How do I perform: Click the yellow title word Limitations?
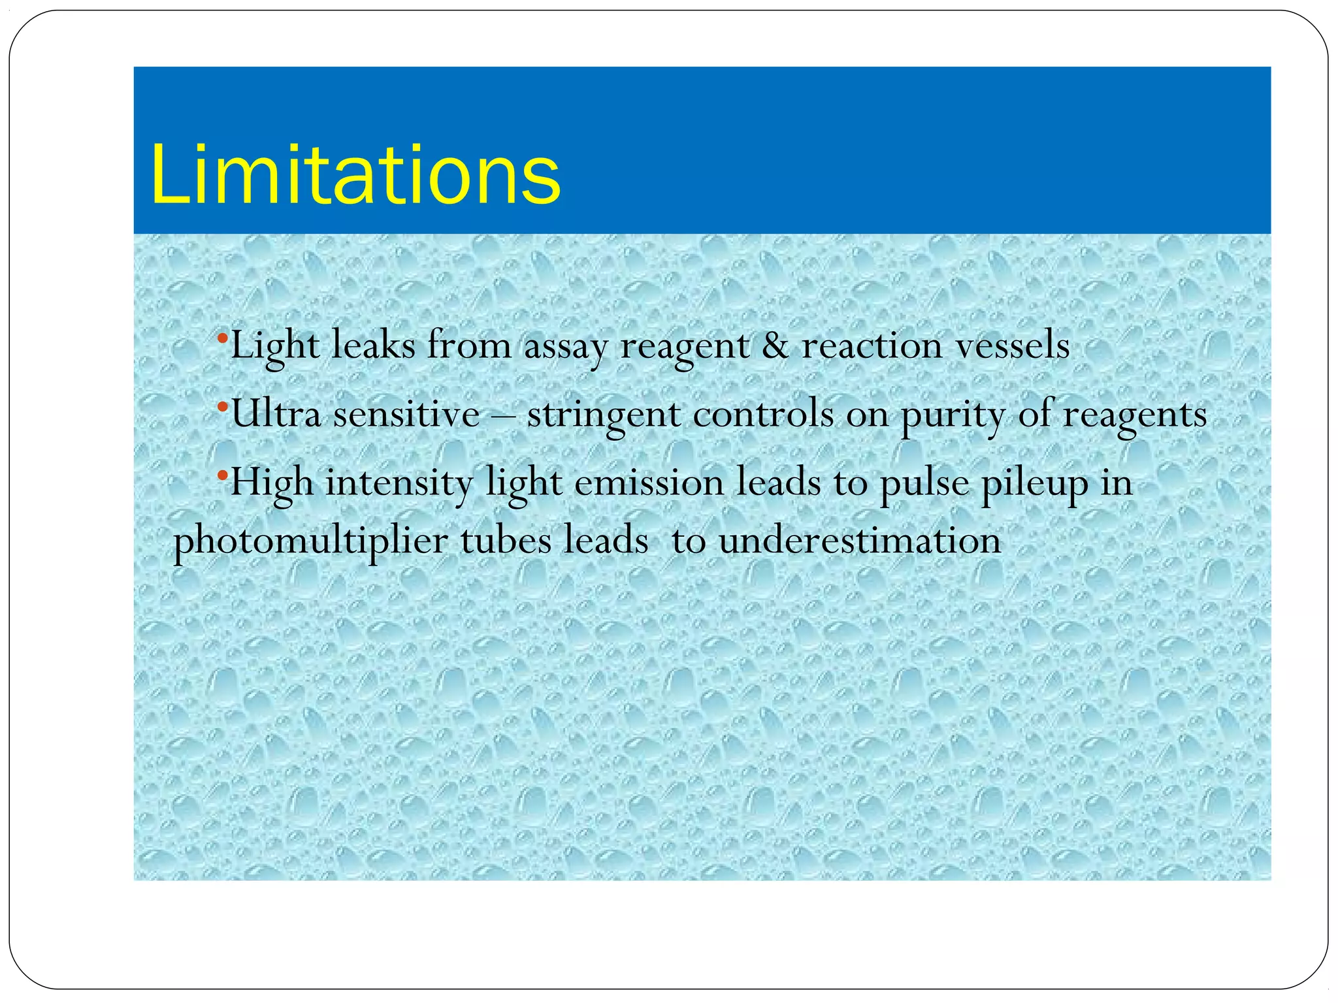[x=355, y=175]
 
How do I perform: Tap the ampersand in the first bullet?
[x=775, y=345]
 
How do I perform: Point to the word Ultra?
[x=276, y=414]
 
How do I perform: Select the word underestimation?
[x=860, y=541]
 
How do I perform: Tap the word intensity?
[x=399, y=484]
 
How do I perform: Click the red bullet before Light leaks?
[x=222, y=338]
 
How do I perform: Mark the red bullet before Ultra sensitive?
[x=222, y=407]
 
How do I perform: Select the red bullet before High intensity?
[x=222, y=475]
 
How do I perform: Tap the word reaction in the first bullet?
[x=872, y=345]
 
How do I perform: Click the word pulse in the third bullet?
[x=923, y=485]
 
